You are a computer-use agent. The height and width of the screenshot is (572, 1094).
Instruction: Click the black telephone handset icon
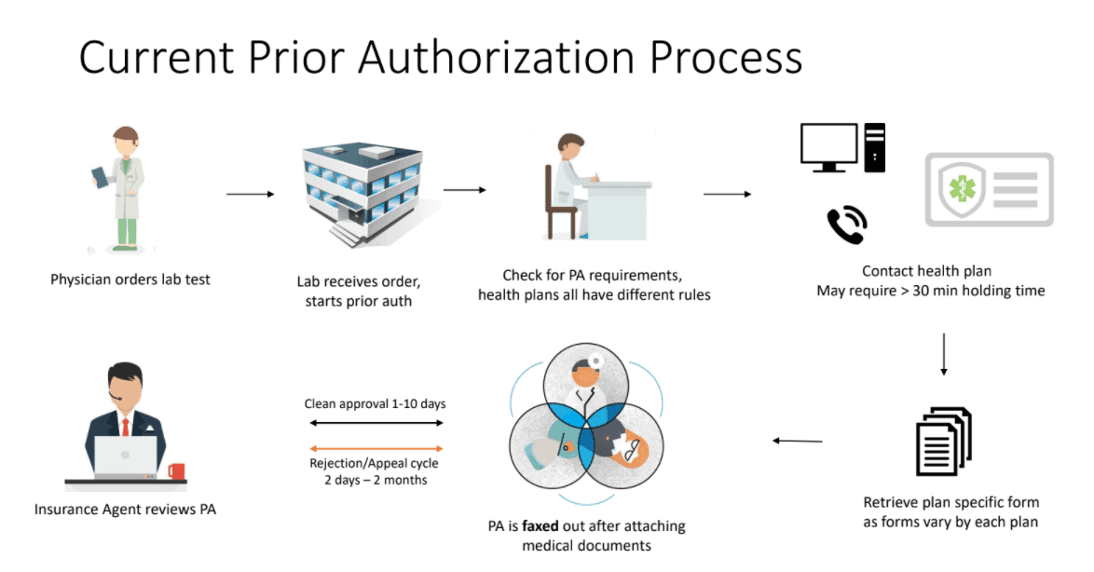coord(847,225)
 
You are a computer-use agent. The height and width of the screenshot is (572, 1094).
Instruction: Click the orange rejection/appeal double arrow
coord(375,448)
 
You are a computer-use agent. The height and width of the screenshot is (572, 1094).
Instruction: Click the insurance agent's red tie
coord(125,424)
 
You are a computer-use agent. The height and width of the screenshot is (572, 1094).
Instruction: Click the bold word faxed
coord(540,526)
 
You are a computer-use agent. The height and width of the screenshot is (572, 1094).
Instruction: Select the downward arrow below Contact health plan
coord(944,353)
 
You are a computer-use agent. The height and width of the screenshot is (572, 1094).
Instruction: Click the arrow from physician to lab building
coord(251,194)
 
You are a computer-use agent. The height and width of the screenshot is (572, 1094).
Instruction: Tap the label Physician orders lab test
coord(130,279)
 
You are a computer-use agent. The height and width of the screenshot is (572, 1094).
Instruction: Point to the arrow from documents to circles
coord(798,441)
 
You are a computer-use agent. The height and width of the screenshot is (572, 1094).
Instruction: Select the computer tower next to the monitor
coord(875,147)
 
